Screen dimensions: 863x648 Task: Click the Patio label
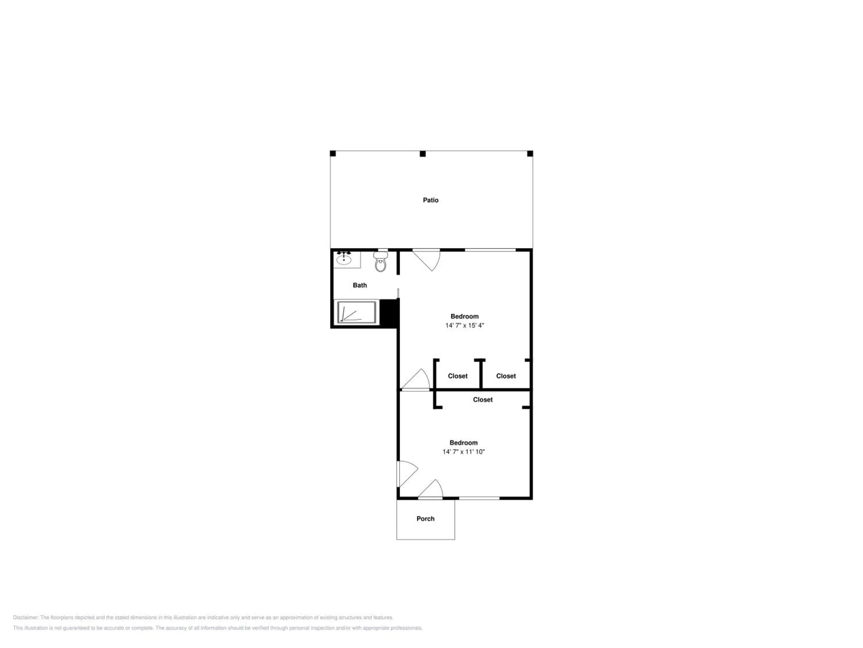pos(431,200)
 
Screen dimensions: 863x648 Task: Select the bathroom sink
pos(344,259)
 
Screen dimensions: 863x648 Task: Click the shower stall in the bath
pos(357,312)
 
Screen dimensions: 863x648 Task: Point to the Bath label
pos(360,285)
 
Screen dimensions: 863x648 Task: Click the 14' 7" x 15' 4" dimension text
pos(465,325)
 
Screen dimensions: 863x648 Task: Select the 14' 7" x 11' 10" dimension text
pos(463,452)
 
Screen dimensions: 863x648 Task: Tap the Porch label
pos(425,519)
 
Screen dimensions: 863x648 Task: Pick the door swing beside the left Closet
pos(416,380)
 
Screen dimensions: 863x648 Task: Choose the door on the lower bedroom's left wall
pos(407,474)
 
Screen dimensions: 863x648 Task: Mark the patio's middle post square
pos(423,154)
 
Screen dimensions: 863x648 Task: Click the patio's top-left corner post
pos(333,154)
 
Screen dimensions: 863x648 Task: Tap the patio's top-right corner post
pos(530,154)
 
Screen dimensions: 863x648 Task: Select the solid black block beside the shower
pos(389,312)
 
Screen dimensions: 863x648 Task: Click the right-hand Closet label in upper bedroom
pos(506,376)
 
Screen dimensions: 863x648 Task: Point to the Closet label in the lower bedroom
pos(483,399)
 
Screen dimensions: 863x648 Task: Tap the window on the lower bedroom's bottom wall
pos(479,498)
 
